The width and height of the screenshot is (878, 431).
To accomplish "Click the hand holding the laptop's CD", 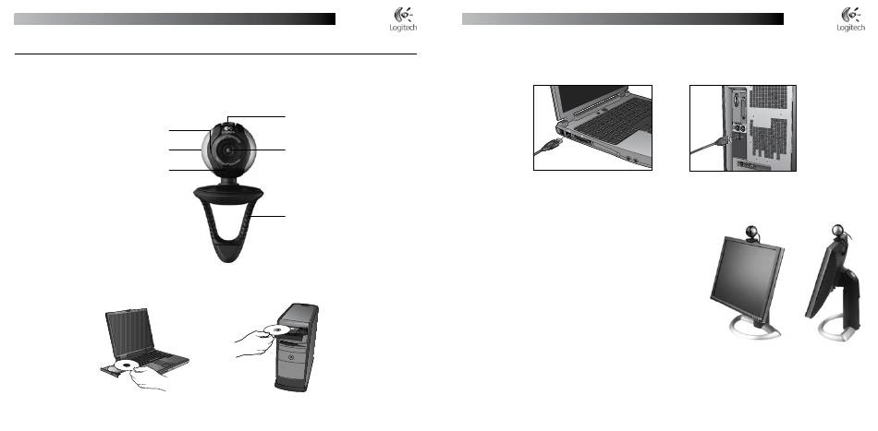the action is click(x=148, y=378).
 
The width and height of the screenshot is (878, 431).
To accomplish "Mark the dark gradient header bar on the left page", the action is click(x=176, y=18).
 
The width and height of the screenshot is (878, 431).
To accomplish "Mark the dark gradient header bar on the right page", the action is click(x=624, y=18).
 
